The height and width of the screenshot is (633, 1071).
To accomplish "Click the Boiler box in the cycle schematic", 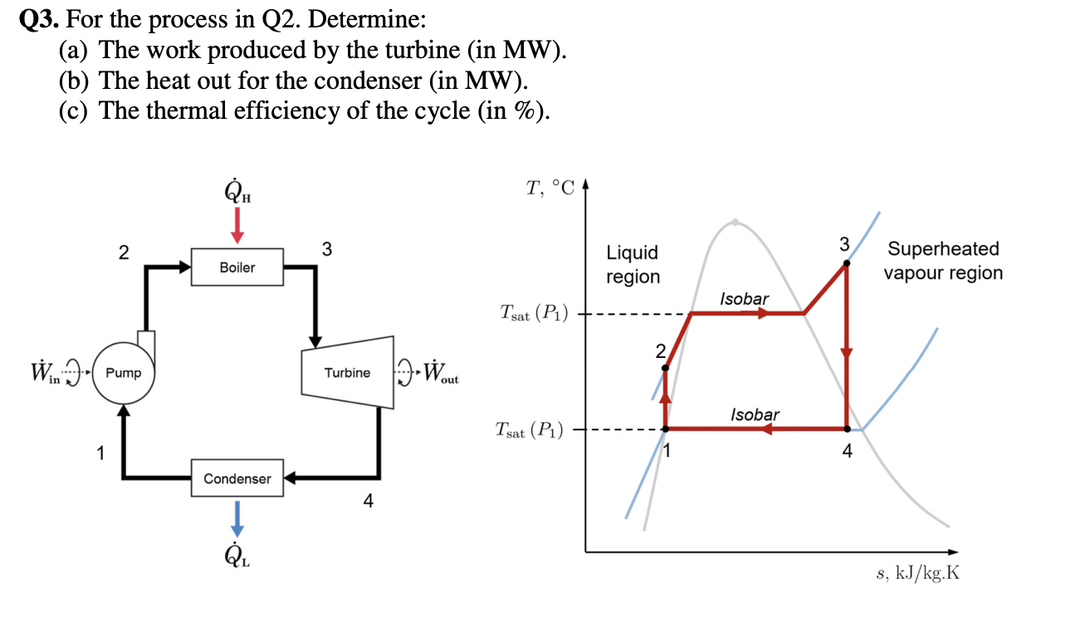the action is coord(237,267).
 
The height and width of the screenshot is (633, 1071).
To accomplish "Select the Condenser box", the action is coord(237,478).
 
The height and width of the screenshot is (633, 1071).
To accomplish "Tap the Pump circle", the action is coord(124,373).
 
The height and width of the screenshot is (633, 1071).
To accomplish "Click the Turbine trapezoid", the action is coord(348,372).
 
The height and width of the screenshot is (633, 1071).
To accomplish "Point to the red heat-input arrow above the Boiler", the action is coord(237,225).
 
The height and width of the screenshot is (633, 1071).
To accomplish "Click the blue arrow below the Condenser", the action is coord(237,519).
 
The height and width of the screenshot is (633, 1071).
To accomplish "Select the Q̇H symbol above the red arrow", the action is coord(237,191).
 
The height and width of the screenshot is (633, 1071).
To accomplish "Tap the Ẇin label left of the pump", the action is coord(46,371).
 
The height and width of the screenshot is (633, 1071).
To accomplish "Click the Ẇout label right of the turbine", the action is coord(441,372).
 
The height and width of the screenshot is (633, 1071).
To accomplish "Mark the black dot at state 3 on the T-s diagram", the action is coord(846,263).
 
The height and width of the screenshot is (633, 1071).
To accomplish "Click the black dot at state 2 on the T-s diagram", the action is coord(665,368).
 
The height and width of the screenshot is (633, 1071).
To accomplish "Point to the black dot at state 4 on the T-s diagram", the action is coord(847,429).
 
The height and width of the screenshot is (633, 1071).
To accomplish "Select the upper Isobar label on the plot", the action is coord(744,299).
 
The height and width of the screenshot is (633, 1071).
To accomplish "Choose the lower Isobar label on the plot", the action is coord(755,415).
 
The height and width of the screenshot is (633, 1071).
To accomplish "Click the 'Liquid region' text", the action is coord(633,265).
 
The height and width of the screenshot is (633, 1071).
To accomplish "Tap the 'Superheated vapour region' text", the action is coord(943,261).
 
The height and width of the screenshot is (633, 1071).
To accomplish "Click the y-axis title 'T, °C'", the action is coord(550,188).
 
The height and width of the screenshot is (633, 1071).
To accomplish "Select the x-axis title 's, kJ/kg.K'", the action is coord(917,572).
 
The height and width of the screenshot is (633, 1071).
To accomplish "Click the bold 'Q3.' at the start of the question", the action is coord(39,20).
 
